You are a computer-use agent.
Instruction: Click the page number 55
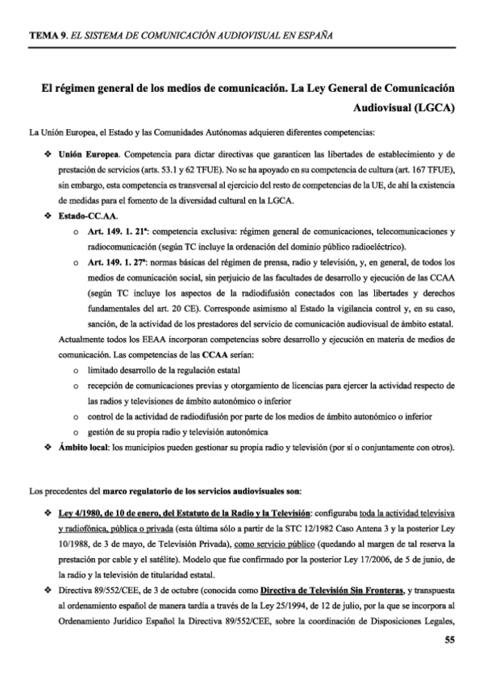point(450,641)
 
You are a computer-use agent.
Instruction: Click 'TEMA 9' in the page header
point(45,35)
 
